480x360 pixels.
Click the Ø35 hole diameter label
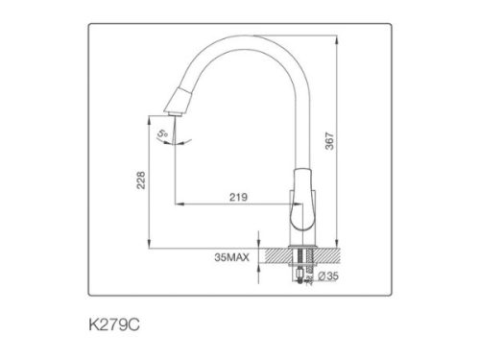point(328,277)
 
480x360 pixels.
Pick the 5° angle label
point(163,134)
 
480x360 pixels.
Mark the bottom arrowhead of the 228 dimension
point(151,242)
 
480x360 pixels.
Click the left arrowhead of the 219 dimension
point(177,204)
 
